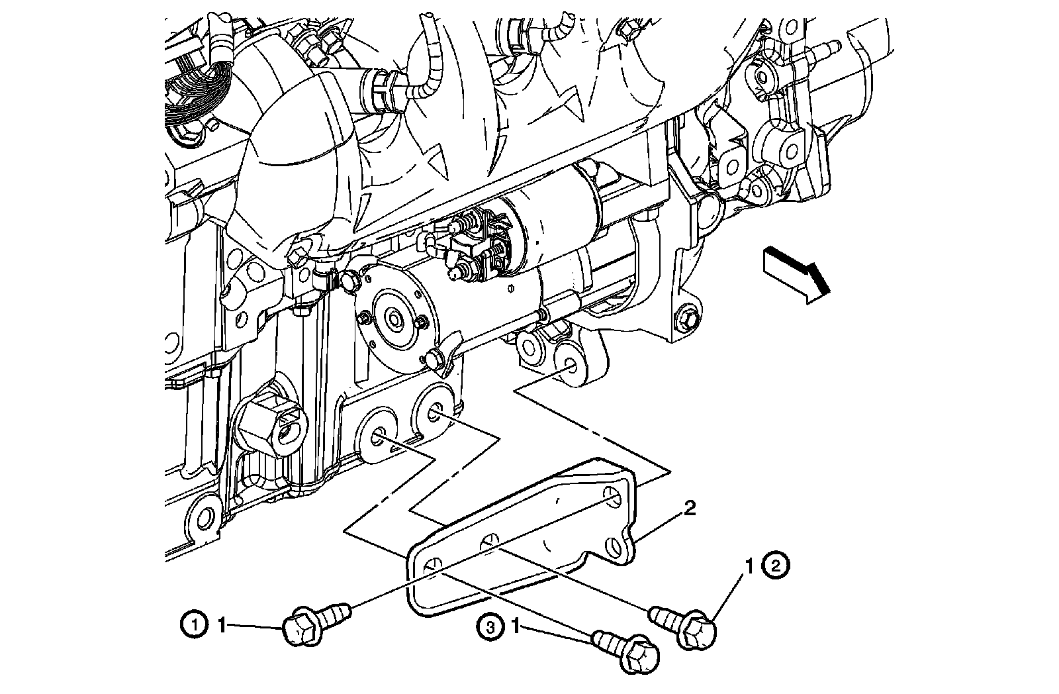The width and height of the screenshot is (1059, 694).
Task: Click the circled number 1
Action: (x=193, y=624)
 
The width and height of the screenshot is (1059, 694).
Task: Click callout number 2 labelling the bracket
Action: (x=689, y=509)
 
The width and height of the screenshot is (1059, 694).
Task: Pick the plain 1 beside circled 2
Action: (x=750, y=566)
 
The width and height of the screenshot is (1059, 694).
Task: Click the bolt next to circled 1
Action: (x=313, y=620)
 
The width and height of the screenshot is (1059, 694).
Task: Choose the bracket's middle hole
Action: (x=490, y=541)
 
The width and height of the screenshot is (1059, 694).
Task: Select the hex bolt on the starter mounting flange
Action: (x=686, y=319)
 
